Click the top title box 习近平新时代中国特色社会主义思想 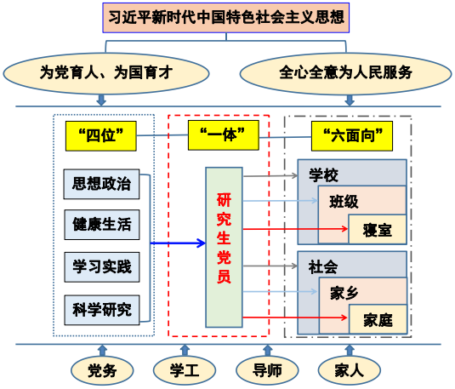[225, 18]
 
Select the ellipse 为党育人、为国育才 [106, 73]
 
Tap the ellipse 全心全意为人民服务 [345, 73]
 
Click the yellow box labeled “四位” [101, 136]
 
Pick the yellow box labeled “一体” [224, 135]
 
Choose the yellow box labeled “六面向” [352, 136]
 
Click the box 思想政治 [101, 184]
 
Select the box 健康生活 [102, 225]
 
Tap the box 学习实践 [102, 267]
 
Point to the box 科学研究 [102, 310]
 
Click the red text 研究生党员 [224, 238]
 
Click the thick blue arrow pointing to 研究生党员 [178, 243]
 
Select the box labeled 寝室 [378, 229]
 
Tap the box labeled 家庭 [378, 319]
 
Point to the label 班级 [344, 202]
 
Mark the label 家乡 [344, 293]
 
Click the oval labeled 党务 [102, 370]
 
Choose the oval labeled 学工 [185, 370]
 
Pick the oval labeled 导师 [267, 370]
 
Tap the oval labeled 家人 [350, 370]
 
